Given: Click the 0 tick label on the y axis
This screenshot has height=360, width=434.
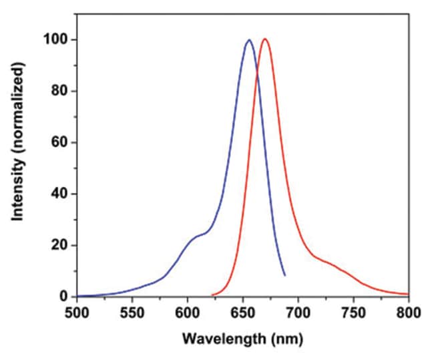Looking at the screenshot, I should (x=64, y=297).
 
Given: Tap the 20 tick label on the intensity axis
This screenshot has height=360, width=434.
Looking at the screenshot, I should (x=61, y=245).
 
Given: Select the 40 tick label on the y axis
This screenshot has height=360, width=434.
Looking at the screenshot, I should (x=61, y=194).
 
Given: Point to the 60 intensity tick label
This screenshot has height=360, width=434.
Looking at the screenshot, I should (x=61, y=142).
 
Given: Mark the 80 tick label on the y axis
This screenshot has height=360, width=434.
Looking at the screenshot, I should (x=61, y=91).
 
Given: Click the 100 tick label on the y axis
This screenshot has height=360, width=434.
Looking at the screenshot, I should (x=58, y=39).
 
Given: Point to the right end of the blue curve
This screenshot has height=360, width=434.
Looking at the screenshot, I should (x=285, y=275).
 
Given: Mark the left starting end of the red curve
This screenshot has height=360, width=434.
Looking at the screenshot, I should (x=212, y=295).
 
